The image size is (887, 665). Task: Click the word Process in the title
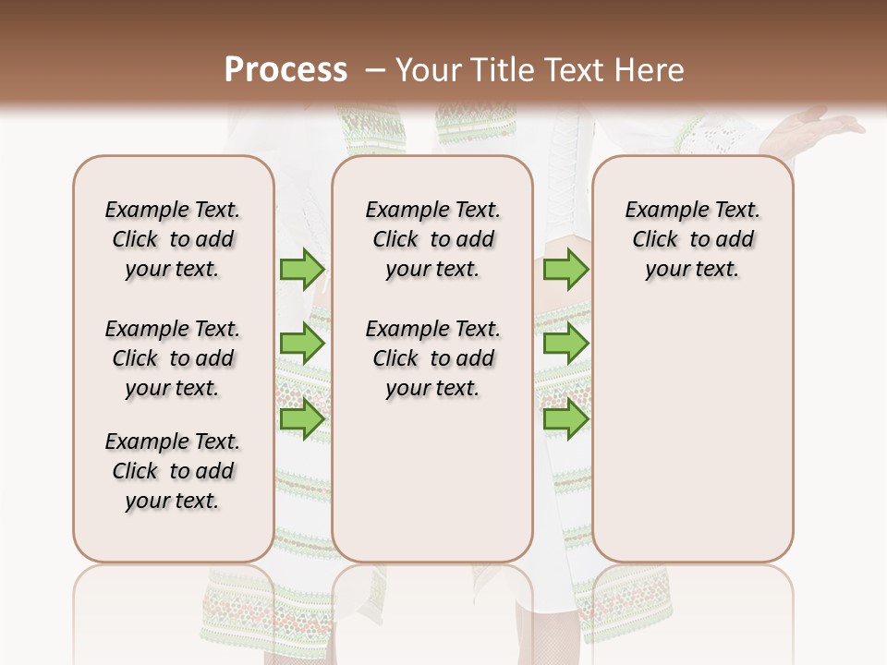tap(286, 69)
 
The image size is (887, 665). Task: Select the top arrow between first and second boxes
tap(301, 269)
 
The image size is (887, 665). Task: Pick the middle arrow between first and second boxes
tap(301, 344)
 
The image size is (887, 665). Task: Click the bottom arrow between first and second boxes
tap(301, 419)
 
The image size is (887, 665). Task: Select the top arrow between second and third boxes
tap(565, 269)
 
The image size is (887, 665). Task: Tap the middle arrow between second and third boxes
tap(565, 344)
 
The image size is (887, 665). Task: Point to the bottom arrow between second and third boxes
tap(565, 419)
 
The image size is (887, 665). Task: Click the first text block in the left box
tap(173, 239)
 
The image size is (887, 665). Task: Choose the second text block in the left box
tap(173, 358)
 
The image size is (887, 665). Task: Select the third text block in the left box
tap(173, 471)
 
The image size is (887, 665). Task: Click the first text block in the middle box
tap(432, 239)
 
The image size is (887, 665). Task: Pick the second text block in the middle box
tap(432, 358)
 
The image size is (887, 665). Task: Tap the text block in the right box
tap(692, 239)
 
